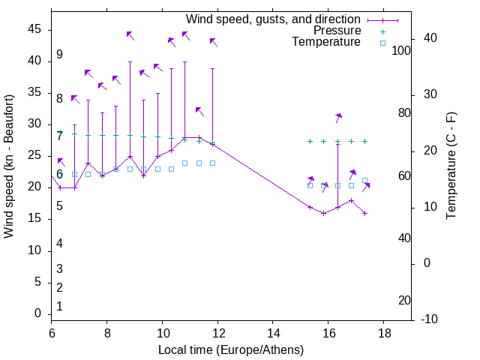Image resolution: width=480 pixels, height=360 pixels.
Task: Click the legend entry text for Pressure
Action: click(x=337, y=31)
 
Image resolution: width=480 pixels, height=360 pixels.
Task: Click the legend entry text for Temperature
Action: click(x=326, y=42)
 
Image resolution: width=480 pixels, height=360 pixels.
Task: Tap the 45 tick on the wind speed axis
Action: click(x=34, y=29)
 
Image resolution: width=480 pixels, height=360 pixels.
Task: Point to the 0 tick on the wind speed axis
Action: click(x=38, y=313)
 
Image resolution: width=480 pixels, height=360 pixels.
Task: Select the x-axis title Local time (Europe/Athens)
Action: click(x=231, y=349)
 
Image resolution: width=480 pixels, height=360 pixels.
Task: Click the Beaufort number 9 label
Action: click(x=59, y=55)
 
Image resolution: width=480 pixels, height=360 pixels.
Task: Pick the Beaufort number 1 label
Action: click(x=59, y=306)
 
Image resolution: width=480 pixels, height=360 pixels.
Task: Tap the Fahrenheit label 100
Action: click(x=401, y=50)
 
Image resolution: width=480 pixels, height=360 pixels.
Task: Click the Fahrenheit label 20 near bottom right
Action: click(x=404, y=300)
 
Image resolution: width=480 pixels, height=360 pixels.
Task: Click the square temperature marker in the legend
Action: click(x=382, y=43)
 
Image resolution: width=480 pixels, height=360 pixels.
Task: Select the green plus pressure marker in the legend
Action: click(x=382, y=31)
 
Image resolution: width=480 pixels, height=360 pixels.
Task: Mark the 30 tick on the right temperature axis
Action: click(x=426, y=94)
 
